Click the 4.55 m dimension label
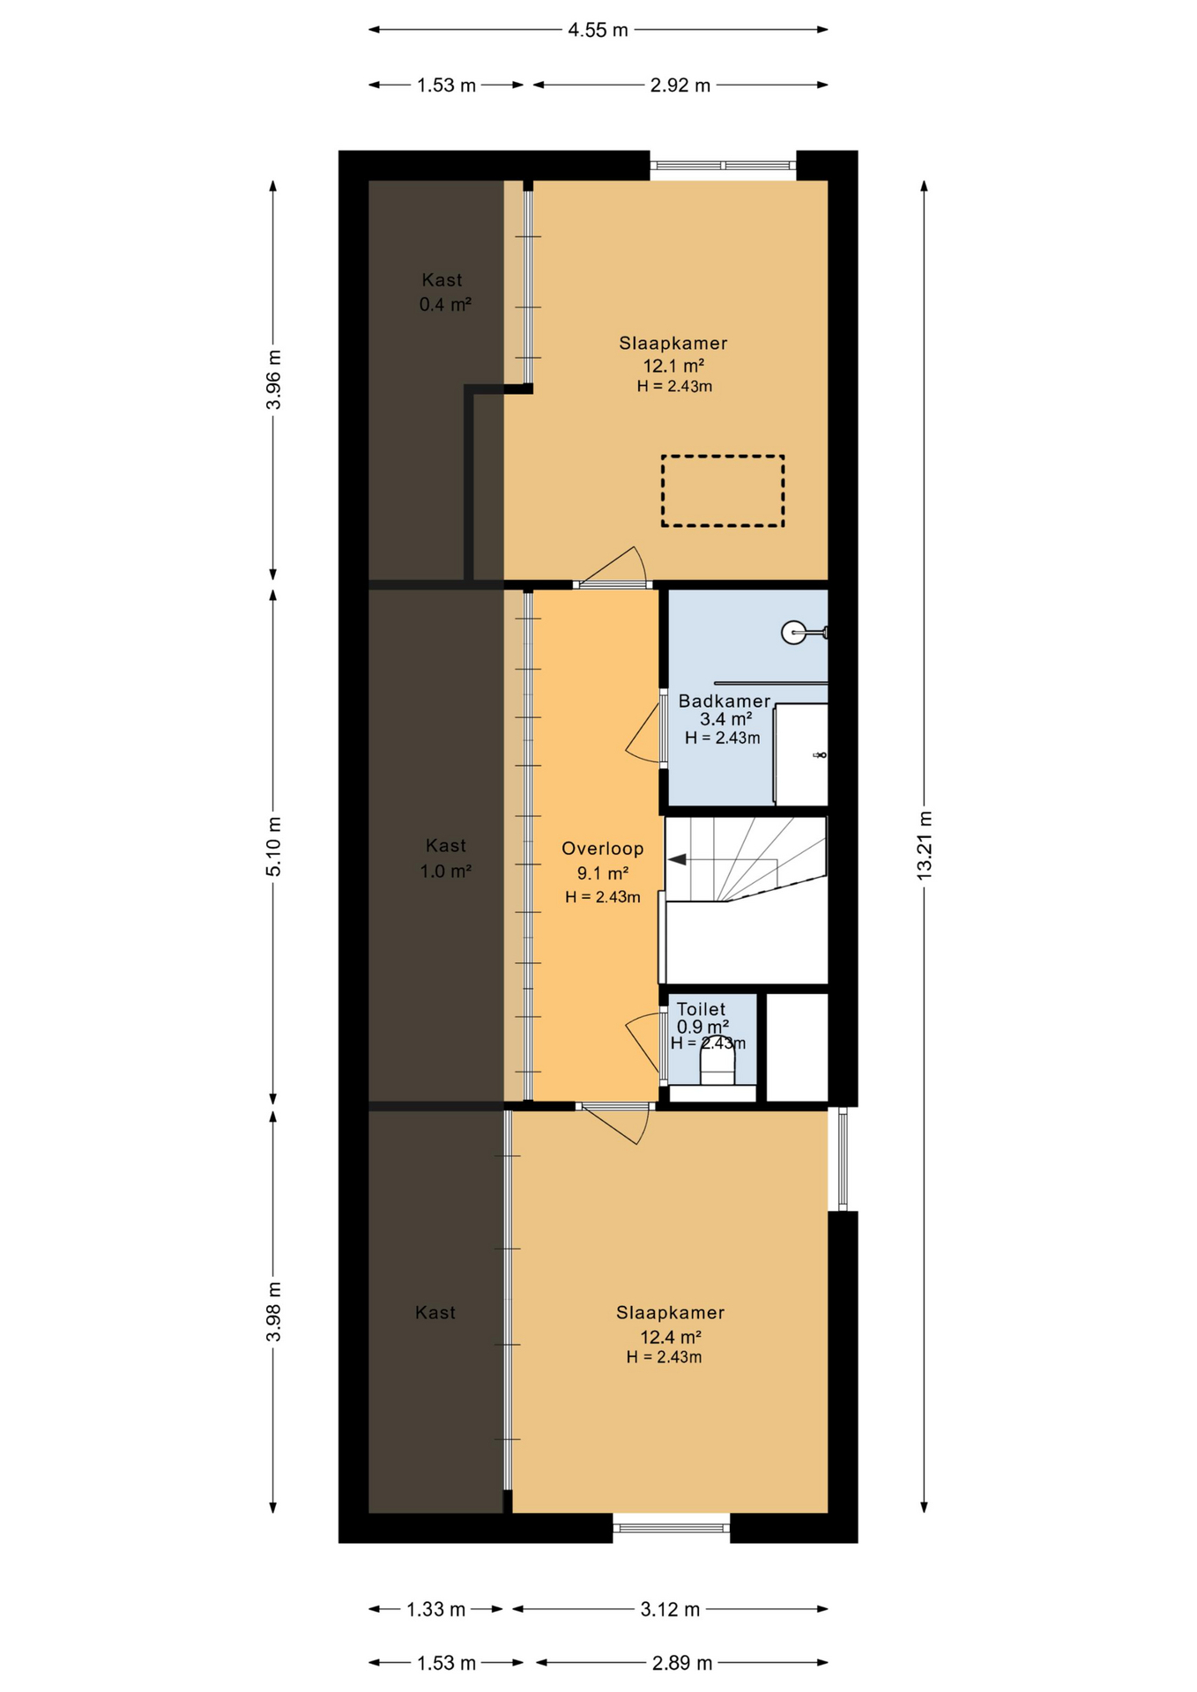tap(598, 30)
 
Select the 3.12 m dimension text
tap(670, 1609)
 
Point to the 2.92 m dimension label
tap(680, 85)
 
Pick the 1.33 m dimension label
tap(435, 1609)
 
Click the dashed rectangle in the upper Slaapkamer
tap(723, 491)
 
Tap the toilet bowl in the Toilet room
tap(717, 1064)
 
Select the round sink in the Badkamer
tap(793, 632)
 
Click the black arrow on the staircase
tap(677, 860)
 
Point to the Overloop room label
tap(603, 849)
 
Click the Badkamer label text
tap(725, 701)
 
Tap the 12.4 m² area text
tap(670, 1337)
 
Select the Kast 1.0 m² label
tap(446, 858)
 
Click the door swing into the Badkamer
tap(646, 731)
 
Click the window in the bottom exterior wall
tap(671, 1527)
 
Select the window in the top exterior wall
tap(723, 166)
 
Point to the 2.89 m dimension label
tap(681, 1663)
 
